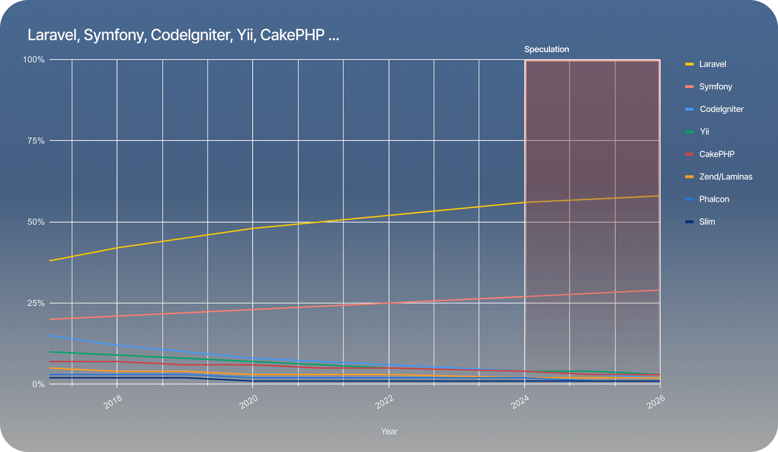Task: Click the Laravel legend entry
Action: pos(712,64)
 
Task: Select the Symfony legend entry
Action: pos(715,87)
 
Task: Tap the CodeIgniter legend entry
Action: pos(721,109)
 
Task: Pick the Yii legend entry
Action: pos(704,131)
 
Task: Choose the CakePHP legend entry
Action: pos(716,154)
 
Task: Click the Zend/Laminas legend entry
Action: pos(725,177)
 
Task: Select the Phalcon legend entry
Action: pos(714,199)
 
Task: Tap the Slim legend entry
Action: pos(707,222)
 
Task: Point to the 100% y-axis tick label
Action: pos(34,60)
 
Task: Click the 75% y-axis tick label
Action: pos(35,141)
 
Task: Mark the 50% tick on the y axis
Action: pos(35,222)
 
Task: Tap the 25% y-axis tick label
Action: pos(35,303)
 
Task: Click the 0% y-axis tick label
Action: pos(38,385)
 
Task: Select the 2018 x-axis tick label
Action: pos(113,402)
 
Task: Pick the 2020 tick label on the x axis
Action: pos(249,402)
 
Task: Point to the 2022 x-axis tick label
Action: pos(384,402)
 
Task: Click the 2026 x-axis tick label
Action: pos(656,402)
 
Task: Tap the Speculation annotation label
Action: pos(547,49)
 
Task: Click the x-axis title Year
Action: pos(389,431)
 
